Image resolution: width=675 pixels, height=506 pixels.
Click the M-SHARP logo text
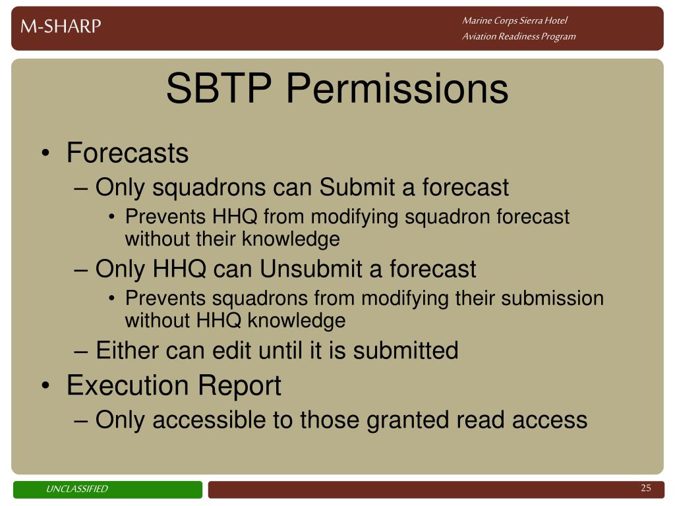(61, 26)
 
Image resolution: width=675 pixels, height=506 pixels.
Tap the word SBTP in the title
(219, 88)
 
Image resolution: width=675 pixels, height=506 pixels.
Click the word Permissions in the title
(397, 89)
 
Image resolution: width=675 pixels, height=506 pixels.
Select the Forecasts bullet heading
(127, 153)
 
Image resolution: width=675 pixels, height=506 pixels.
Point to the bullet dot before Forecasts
(45, 153)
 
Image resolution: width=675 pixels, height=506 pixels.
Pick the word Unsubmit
(311, 269)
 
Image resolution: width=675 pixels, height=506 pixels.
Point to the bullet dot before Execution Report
(45, 385)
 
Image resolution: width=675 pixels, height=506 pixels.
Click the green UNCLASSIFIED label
(107, 490)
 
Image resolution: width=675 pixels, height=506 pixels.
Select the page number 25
(646, 488)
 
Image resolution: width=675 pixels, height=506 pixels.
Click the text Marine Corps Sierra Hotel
(515, 20)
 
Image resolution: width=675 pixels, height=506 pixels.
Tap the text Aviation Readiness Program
(519, 37)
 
